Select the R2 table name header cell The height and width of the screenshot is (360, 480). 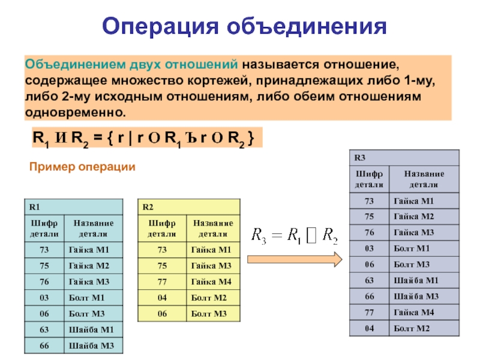(x=189, y=207)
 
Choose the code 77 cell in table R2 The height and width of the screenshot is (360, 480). (x=162, y=281)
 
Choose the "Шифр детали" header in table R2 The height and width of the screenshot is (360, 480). (x=162, y=228)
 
